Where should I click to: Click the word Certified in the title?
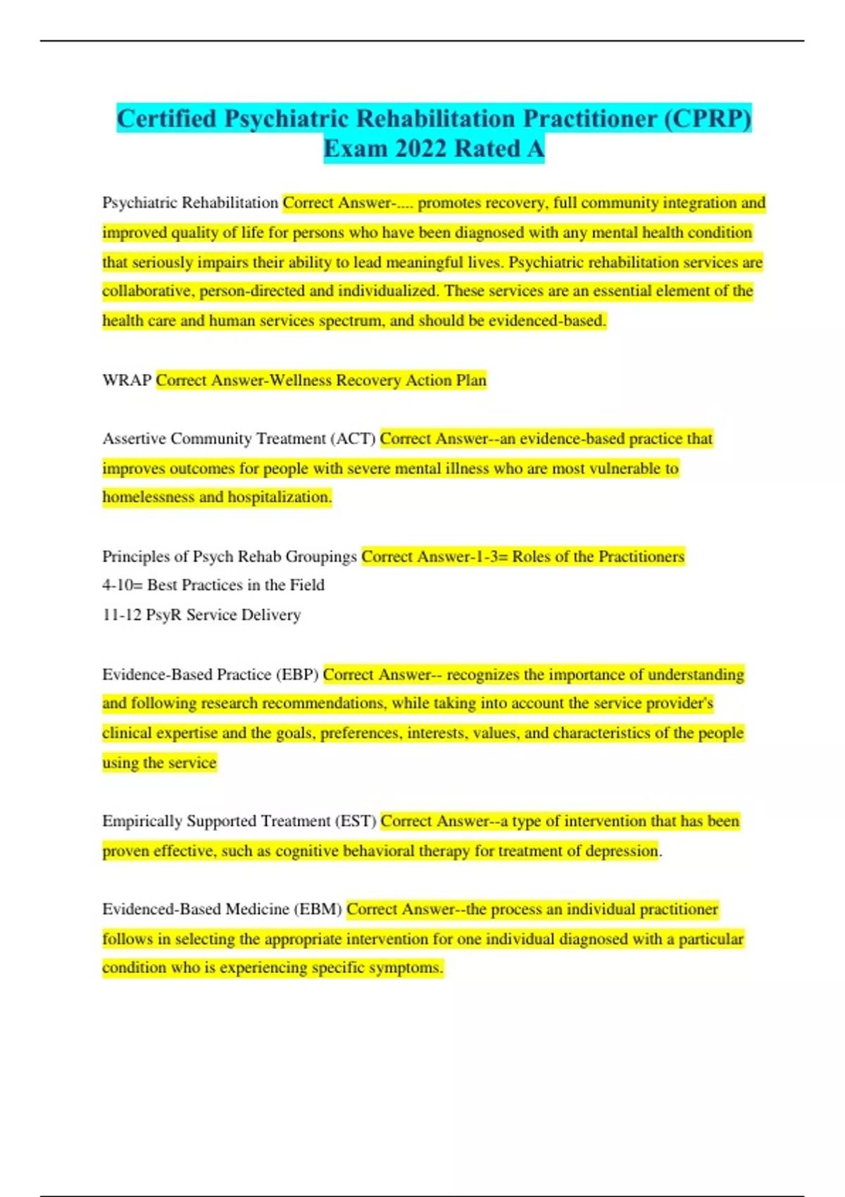point(167,118)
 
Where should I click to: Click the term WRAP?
point(127,380)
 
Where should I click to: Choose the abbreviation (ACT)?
point(353,439)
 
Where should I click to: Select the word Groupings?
point(324,556)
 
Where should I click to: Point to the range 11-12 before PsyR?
point(122,615)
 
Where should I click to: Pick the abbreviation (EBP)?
point(297,675)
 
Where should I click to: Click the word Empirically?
point(144,821)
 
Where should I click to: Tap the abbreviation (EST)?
point(356,821)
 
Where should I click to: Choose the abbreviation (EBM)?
point(318,909)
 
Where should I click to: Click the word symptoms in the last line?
point(409,967)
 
